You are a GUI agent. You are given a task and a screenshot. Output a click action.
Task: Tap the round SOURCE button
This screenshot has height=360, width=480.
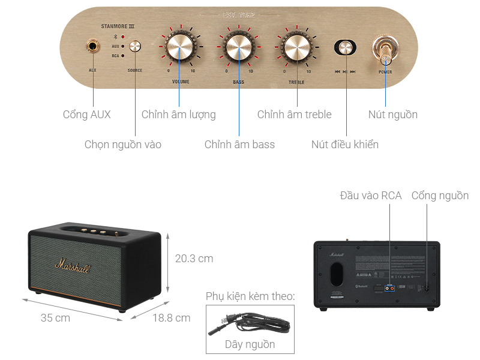point(135,47)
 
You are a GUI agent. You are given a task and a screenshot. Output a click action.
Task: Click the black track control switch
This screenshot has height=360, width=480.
point(345,48)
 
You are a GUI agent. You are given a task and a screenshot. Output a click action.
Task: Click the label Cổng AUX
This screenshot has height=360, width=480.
point(87,114)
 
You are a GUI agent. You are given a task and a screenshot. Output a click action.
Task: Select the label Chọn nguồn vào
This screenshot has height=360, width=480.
point(123,144)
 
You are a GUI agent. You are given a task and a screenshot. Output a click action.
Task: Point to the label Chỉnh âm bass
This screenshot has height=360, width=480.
point(239,144)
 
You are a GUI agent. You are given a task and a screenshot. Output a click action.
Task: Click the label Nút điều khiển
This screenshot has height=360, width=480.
point(345,144)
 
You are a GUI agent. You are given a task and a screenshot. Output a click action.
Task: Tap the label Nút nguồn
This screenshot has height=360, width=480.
point(393,114)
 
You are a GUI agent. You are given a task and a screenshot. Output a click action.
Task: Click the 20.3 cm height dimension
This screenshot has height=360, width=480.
point(194,259)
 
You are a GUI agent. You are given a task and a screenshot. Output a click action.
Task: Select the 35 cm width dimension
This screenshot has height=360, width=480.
point(55,318)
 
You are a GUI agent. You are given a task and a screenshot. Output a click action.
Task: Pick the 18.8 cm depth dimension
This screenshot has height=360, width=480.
point(171,318)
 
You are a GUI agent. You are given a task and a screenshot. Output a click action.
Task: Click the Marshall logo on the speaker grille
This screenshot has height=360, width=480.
point(73,265)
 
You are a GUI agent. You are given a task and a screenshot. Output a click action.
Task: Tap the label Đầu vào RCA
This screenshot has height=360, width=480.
point(370,196)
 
